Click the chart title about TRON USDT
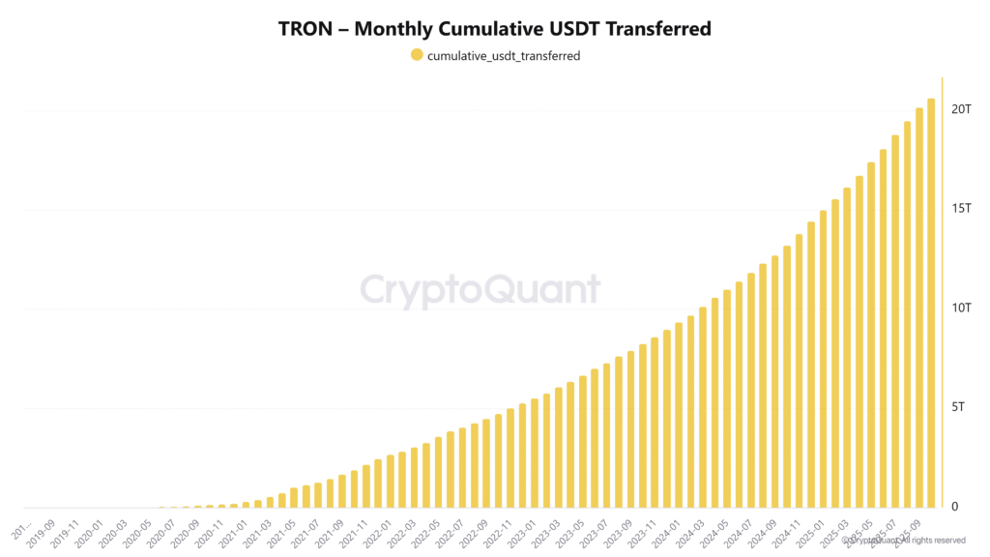pos(494,28)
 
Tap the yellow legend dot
pos(417,55)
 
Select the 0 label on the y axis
pos(954,506)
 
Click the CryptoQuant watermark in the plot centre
pos(480,290)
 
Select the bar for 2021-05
pos(294,497)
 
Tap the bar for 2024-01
pos(679,415)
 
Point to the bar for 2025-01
pos(823,358)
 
